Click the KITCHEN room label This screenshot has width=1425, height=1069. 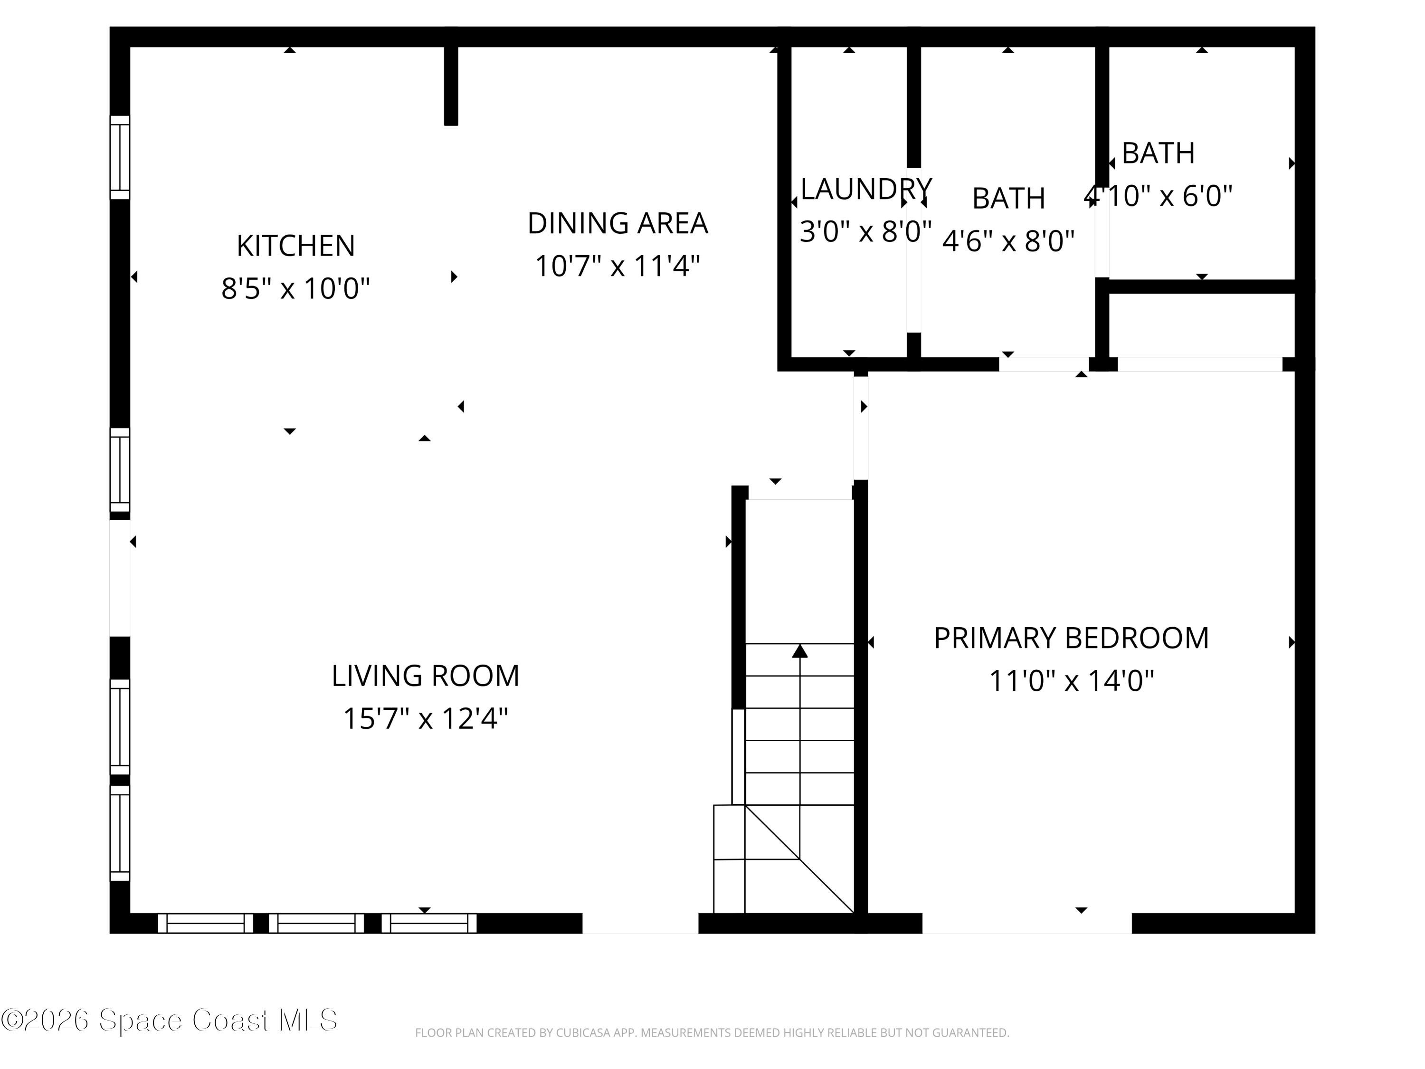(x=296, y=246)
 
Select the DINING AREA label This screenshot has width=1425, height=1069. (x=617, y=223)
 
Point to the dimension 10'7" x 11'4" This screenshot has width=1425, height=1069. (x=617, y=266)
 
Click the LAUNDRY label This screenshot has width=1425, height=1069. (x=865, y=189)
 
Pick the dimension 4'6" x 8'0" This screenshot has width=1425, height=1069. (x=1008, y=241)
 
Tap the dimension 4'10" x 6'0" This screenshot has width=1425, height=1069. (x=1158, y=196)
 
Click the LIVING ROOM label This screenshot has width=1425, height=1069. (x=425, y=675)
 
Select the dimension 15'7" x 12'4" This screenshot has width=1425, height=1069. (x=425, y=718)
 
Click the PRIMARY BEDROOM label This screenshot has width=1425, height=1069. (x=1071, y=638)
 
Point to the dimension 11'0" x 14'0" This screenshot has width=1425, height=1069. (x=1071, y=680)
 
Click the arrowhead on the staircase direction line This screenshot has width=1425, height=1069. (x=799, y=651)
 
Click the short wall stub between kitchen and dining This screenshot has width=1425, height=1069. (x=451, y=84)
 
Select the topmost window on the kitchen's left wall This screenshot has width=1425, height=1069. (x=120, y=157)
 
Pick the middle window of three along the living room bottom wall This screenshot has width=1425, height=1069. (x=316, y=923)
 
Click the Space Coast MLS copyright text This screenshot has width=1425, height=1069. (x=169, y=1020)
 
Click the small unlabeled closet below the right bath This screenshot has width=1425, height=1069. (x=1201, y=325)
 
